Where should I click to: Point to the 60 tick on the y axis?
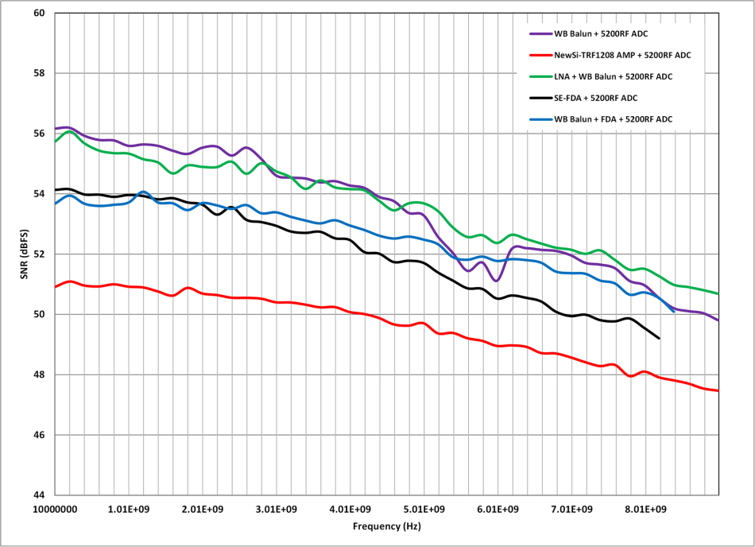(40, 14)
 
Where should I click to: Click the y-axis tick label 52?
(40, 254)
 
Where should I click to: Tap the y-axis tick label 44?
(40, 495)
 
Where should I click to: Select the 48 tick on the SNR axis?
(40, 374)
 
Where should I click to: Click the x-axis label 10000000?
(56, 509)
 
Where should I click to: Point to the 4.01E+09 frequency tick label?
(349, 509)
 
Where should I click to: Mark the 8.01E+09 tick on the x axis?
(643, 509)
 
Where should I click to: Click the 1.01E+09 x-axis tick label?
(129, 509)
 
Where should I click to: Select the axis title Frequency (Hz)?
(387, 526)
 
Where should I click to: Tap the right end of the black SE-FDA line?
(659, 338)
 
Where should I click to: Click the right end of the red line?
(718, 390)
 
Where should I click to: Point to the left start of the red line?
(56, 286)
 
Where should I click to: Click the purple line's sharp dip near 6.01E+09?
(496, 281)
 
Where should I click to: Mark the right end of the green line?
(718, 294)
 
